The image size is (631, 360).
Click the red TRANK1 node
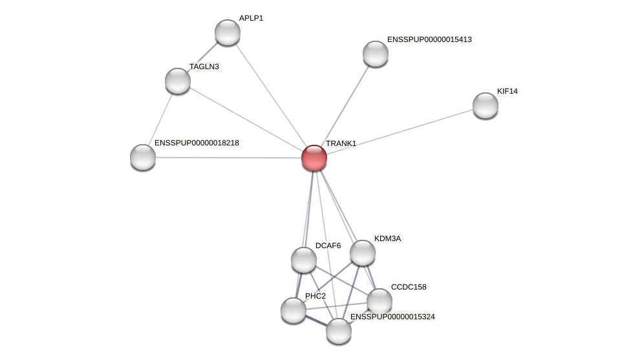(x=314, y=158)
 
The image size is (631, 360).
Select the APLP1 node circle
(x=228, y=32)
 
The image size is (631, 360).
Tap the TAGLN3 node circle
(x=178, y=81)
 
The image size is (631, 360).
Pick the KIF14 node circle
(x=486, y=105)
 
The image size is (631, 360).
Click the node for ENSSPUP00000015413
(x=376, y=54)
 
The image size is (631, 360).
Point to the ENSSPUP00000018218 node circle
(x=143, y=157)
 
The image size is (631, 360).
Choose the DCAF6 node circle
(x=304, y=260)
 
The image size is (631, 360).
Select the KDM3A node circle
(x=363, y=253)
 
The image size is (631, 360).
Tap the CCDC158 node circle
(x=380, y=301)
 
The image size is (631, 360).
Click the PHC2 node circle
(x=294, y=310)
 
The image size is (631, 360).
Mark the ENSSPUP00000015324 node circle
(x=339, y=331)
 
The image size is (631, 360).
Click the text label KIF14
(x=508, y=91)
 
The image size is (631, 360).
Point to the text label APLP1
(x=251, y=18)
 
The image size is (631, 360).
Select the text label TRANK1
(x=341, y=143)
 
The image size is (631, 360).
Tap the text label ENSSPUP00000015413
(x=430, y=39)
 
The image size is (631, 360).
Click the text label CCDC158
(x=409, y=287)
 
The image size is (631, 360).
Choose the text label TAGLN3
(x=204, y=67)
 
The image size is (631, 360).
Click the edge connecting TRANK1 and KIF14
(x=401, y=131)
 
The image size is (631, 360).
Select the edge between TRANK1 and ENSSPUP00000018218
(x=226, y=158)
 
